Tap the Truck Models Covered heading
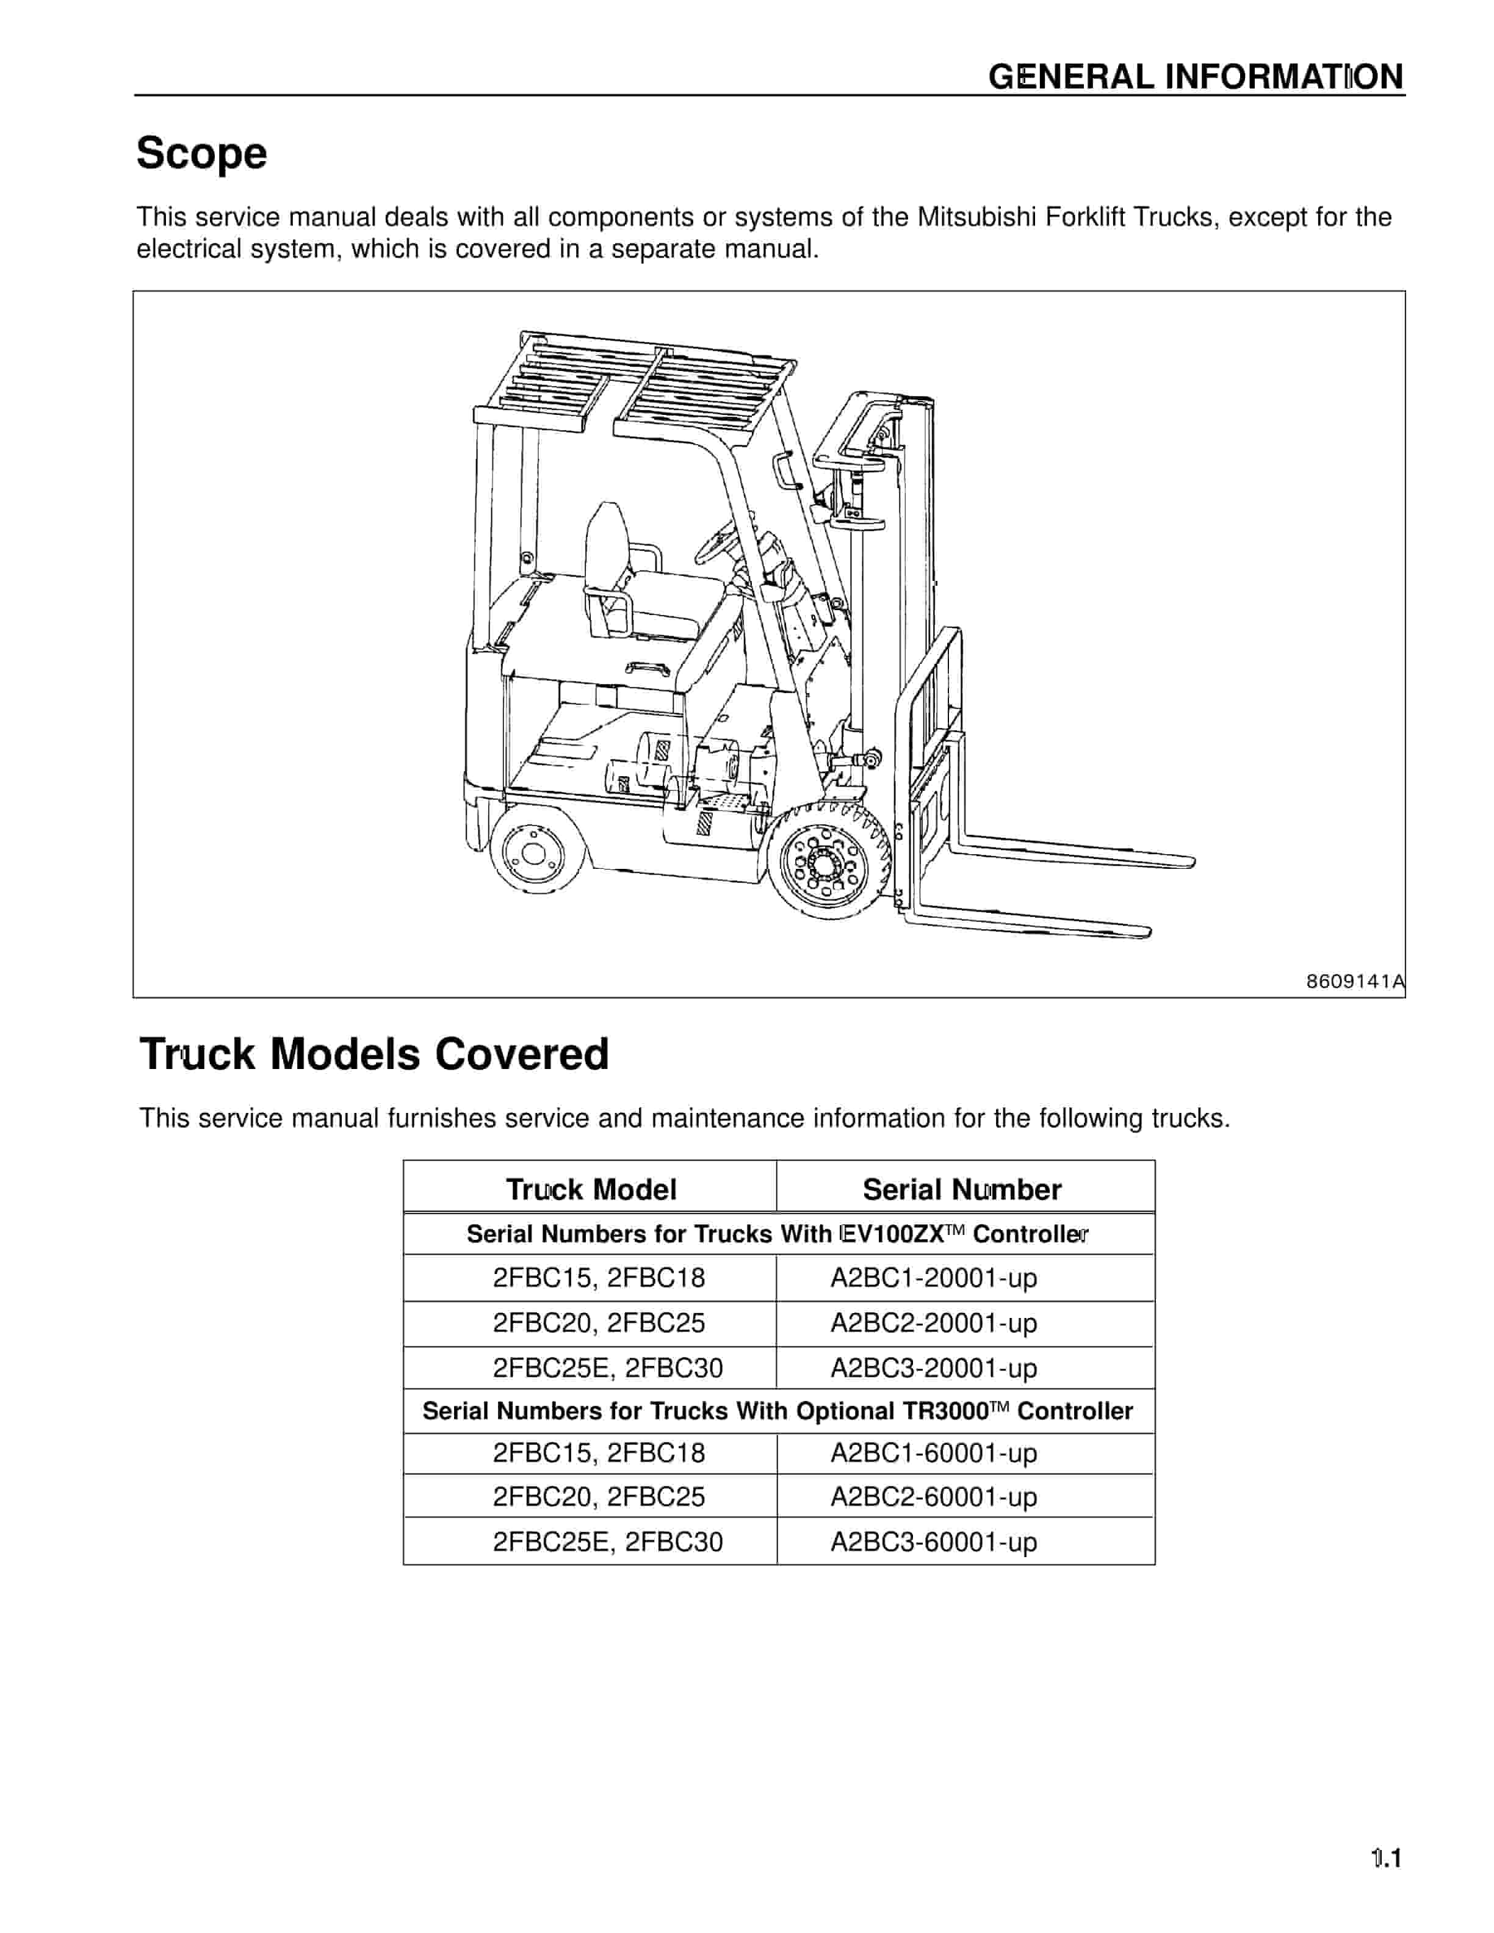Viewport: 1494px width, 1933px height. (374, 1054)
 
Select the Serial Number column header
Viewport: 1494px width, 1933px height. (962, 1189)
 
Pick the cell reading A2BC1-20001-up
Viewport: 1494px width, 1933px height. (933, 1277)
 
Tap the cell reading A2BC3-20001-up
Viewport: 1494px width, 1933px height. (933, 1367)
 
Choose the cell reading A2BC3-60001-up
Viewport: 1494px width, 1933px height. (933, 1542)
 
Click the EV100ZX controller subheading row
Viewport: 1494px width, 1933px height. (777, 1234)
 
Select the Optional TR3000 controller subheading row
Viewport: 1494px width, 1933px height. (777, 1411)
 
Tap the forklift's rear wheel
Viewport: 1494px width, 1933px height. (535, 851)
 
